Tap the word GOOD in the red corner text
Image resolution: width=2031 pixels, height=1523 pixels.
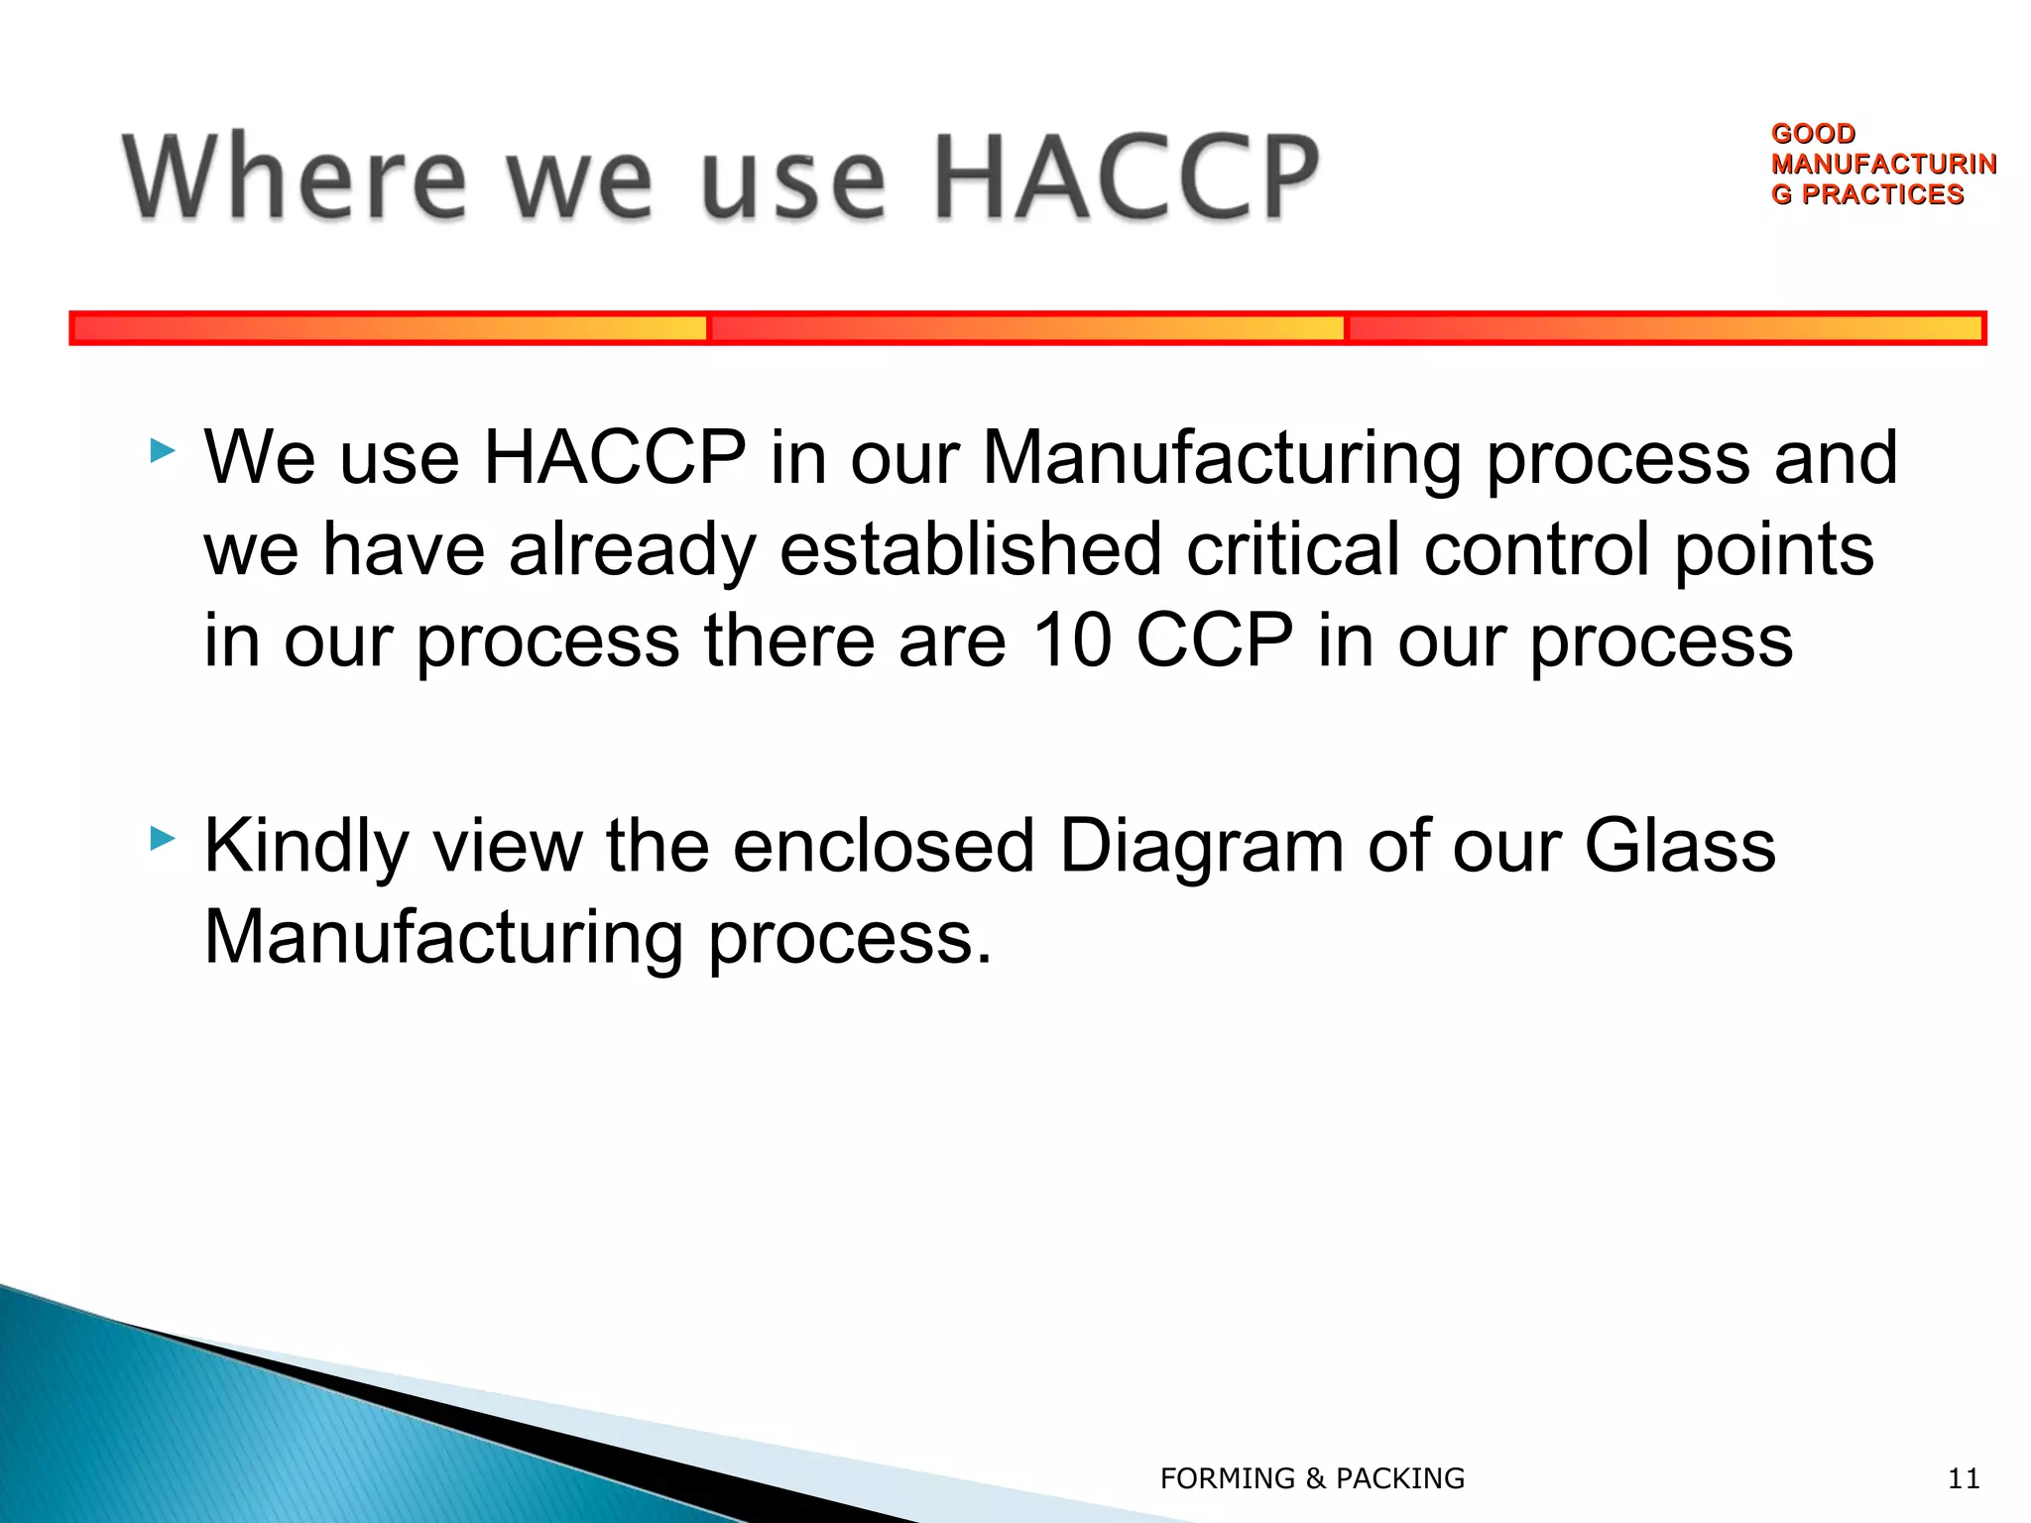pyautogui.click(x=1813, y=133)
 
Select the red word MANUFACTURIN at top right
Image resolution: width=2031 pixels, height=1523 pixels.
pyautogui.click(x=1883, y=164)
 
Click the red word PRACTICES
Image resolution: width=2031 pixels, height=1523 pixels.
pyautogui.click(x=1881, y=194)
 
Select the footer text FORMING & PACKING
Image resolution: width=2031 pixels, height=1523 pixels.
pyautogui.click(x=1312, y=1478)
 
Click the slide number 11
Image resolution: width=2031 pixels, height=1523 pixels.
pyautogui.click(x=1964, y=1478)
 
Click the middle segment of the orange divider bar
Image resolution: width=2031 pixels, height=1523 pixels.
pyautogui.click(x=1026, y=328)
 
